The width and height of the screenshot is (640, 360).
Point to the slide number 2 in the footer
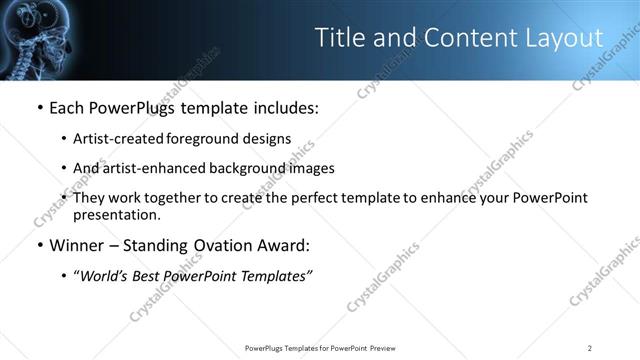[x=590, y=348]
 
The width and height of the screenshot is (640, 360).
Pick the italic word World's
[x=106, y=276]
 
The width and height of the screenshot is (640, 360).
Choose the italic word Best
[x=153, y=276]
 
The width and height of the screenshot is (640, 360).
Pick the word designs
[x=264, y=138]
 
